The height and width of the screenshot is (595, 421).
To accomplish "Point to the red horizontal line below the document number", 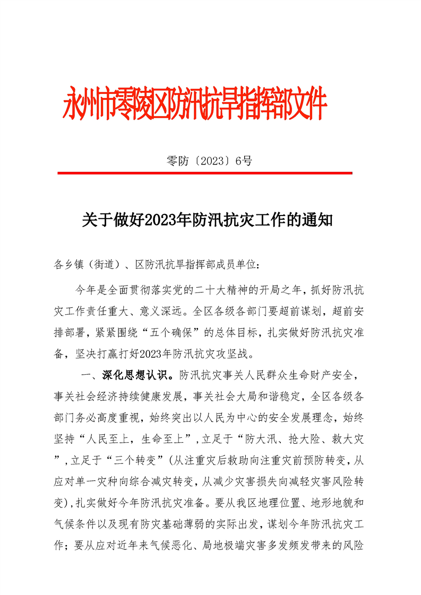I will [204, 173].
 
